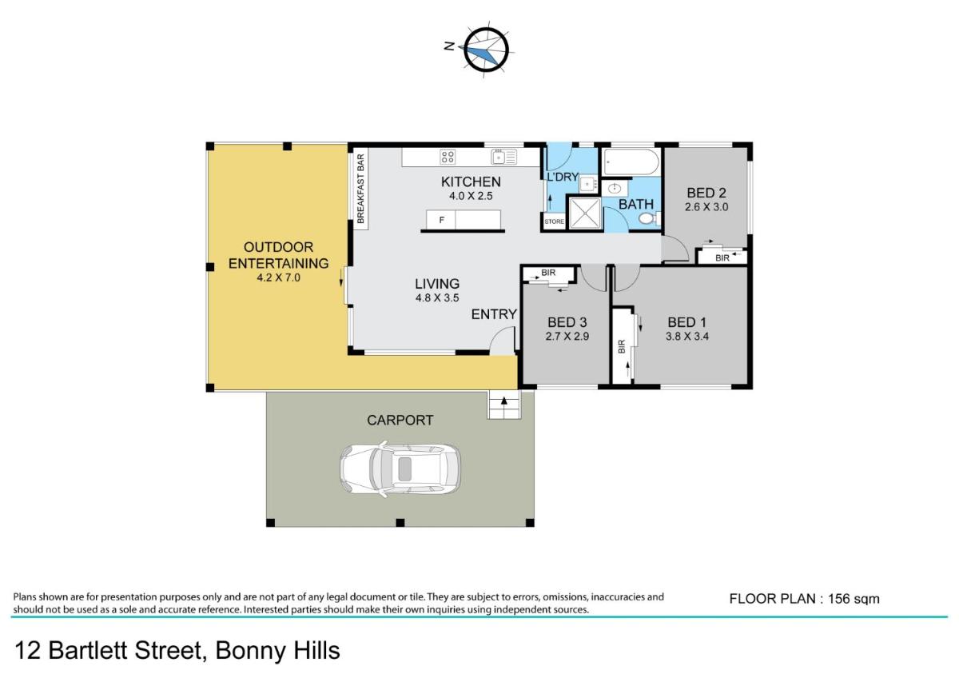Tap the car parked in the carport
click(x=400, y=469)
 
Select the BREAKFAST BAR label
click(x=360, y=189)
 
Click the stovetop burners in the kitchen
click(x=448, y=157)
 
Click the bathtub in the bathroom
click(x=631, y=162)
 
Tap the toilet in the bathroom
click(x=649, y=219)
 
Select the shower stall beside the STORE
click(x=585, y=213)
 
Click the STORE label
click(x=554, y=221)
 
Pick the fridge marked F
click(x=441, y=220)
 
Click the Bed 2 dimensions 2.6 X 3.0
click(x=706, y=207)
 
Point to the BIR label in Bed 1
click(x=622, y=346)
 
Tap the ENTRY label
click(x=494, y=314)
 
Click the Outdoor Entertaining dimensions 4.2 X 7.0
click(x=278, y=277)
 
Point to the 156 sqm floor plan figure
click(x=854, y=599)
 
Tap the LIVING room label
click(x=437, y=284)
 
